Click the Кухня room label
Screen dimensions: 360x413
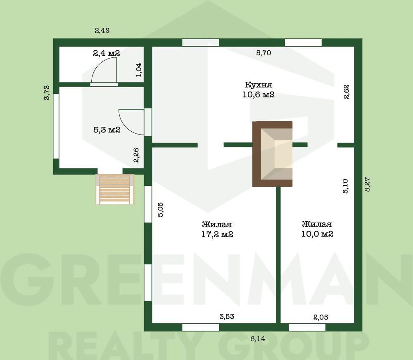(x=258, y=85)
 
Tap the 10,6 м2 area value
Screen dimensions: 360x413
(x=259, y=95)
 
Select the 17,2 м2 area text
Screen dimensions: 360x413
(x=217, y=234)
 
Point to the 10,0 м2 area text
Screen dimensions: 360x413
(x=317, y=234)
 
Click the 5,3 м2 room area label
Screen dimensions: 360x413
(x=107, y=130)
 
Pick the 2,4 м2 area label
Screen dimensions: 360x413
(x=106, y=53)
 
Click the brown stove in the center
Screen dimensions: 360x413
(x=272, y=154)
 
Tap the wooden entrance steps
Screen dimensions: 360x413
(x=115, y=189)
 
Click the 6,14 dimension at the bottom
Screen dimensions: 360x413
(x=258, y=339)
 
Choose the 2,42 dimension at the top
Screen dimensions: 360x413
(x=102, y=30)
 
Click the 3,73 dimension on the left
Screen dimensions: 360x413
(x=47, y=92)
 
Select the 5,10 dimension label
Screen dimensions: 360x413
(x=347, y=186)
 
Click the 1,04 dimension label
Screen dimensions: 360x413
(x=139, y=69)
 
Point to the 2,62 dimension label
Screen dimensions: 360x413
(x=347, y=91)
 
